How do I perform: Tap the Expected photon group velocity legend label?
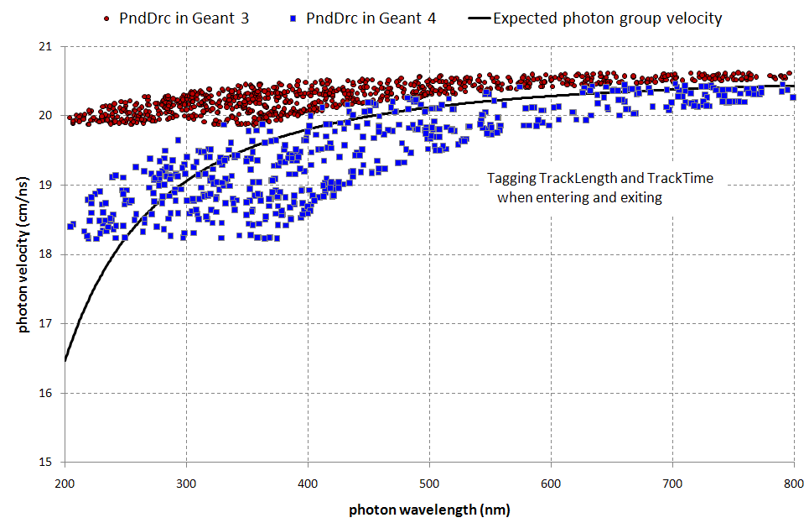(608, 18)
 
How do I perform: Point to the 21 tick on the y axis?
(48, 47)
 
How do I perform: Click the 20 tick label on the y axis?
(48, 116)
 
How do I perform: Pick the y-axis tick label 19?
(48, 186)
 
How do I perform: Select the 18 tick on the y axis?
(48, 254)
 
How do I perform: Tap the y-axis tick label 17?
(48, 324)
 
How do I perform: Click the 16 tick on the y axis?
(48, 393)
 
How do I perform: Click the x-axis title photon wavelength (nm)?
(429, 510)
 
